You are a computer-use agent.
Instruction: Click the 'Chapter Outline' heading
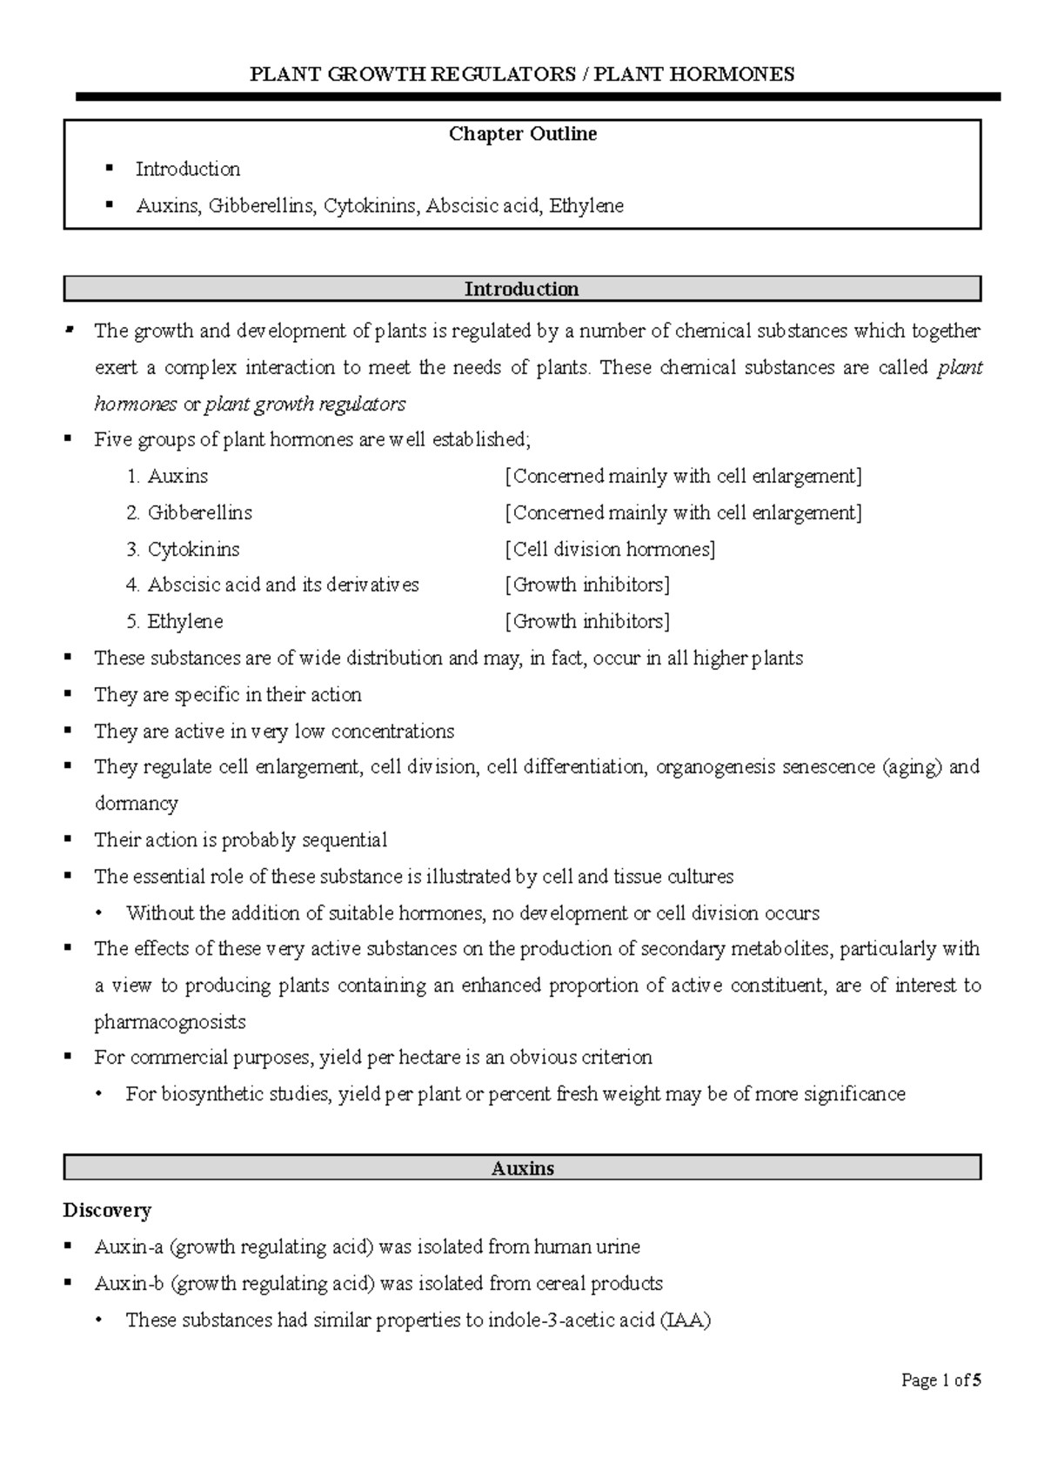pyautogui.click(x=522, y=134)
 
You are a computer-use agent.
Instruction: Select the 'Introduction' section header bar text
pyautogui.click(x=521, y=289)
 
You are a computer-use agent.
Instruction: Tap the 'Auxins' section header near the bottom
pyautogui.click(x=522, y=1168)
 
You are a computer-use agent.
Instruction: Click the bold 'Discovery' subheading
pyautogui.click(x=107, y=1210)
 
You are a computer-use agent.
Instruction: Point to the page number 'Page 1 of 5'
pyautogui.click(x=941, y=1380)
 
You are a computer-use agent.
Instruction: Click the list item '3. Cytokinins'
pyautogui.click(x=183, y=549)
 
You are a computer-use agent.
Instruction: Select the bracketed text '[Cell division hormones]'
pyautogui.click(x=610, y=549)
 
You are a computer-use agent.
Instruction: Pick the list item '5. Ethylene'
pyautogui.click(x=175, y=621)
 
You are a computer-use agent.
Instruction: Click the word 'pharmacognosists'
pyautogui.click(x=170, y=1021)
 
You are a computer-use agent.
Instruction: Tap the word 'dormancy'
pyautogui.click(x=136, y=803)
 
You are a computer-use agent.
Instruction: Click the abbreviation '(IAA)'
pyautogui.click(x=685, y=1320)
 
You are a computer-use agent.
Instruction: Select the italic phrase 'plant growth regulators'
pyautogui.click(x=304, y=404)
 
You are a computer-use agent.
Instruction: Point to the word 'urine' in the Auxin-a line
pyautogui.click(x=617, y=1246)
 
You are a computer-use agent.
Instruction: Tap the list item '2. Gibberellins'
pyautogui.click(x=190, y=512)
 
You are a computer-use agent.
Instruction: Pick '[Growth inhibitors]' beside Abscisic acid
pyautogui.click(x=587, y=585)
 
